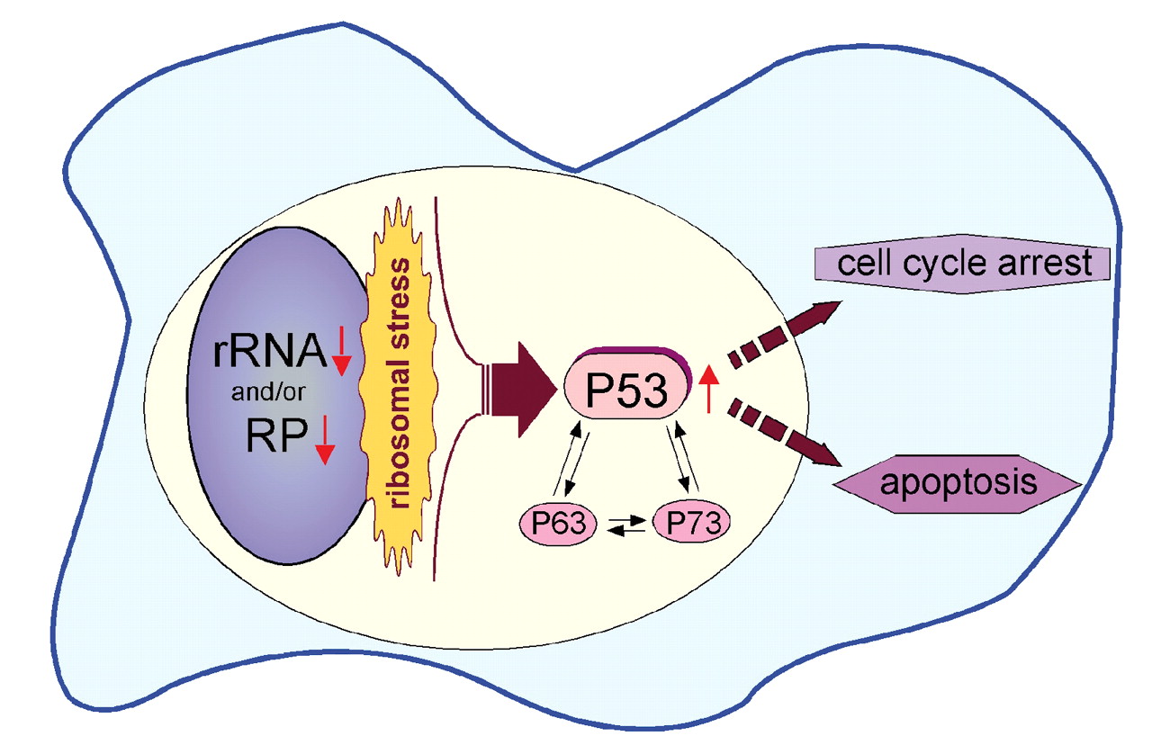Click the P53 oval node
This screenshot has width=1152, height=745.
click(x=625, y=390)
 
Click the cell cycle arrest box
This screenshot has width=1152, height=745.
click(x=963, y=265)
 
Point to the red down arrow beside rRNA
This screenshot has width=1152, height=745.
click(x=341, y=352)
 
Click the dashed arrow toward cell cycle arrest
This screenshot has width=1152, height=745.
click(x=783, y=337)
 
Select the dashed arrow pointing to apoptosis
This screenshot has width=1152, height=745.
click(x=783, y=436)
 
